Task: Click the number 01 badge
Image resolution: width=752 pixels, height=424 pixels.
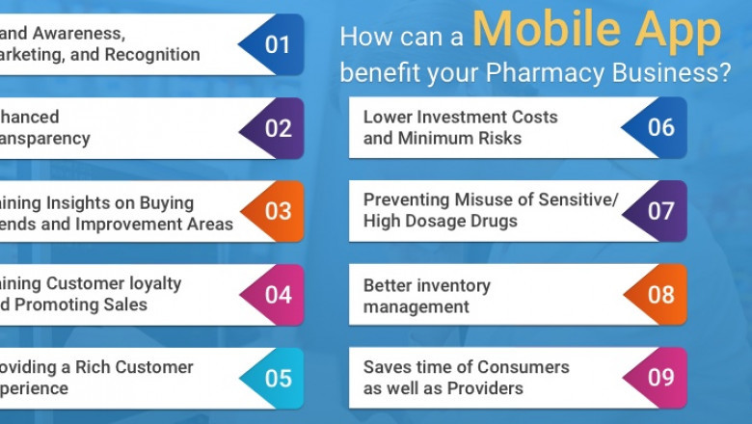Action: (276, 44)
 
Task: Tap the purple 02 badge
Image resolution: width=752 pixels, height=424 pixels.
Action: (276, 127)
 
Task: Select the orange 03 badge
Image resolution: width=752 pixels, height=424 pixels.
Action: (276, 211)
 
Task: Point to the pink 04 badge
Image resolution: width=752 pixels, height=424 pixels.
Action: (276, 294)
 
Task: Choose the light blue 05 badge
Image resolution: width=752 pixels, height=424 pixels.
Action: (276, 378)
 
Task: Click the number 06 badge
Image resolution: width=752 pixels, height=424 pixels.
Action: (659, 127)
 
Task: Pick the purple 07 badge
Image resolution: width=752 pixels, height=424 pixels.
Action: (659, 211)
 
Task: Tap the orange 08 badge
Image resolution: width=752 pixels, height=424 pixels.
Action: (659, 294)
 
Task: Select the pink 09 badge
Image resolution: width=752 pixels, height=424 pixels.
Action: (659, 378)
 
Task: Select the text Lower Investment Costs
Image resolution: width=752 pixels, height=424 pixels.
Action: (460, 117)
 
